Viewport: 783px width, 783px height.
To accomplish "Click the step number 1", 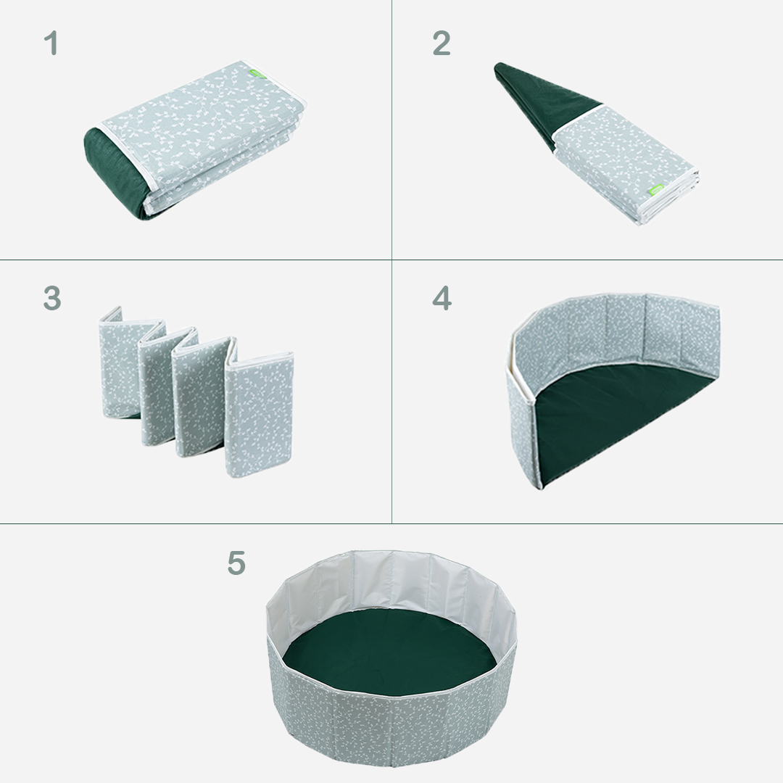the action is [x=51, y=43].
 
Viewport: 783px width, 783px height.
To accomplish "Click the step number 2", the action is [x=442, y=43].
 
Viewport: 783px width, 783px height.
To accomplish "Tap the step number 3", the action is [x=52, y=298].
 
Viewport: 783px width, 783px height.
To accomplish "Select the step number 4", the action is [x=442, y=298].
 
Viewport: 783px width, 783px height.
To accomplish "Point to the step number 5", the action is [x=236, y=563].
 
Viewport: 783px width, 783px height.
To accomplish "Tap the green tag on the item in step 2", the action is [x=656, y=190].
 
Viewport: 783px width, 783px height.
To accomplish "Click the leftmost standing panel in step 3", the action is [x=112, y=362].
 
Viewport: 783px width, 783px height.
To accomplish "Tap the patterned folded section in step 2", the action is [x=626, y=162].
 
